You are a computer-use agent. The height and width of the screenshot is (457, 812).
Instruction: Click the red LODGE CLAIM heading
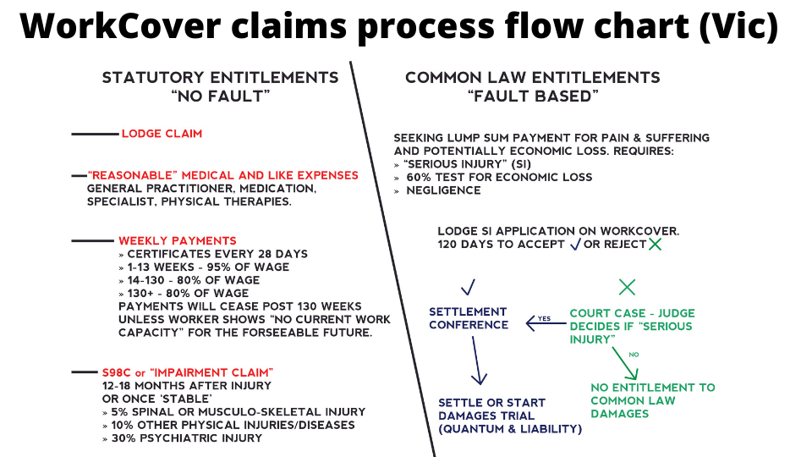point(162,134)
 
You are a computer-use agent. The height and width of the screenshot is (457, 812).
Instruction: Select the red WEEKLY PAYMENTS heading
point(177,241)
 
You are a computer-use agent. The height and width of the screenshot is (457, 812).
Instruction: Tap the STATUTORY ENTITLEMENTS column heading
point(220,78)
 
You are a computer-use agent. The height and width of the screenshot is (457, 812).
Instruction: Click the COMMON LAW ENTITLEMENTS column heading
point(532,78)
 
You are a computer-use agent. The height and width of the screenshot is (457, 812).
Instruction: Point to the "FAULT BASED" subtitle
point(533,96)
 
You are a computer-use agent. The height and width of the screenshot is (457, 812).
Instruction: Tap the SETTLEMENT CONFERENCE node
point(468,318)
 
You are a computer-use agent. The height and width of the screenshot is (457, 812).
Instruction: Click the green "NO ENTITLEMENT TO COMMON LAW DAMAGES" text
point(652,400)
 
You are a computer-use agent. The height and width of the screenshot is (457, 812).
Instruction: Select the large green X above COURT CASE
point(627,286)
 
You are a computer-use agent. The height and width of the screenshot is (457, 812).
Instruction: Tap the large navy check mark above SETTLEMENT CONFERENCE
point(468,285)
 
